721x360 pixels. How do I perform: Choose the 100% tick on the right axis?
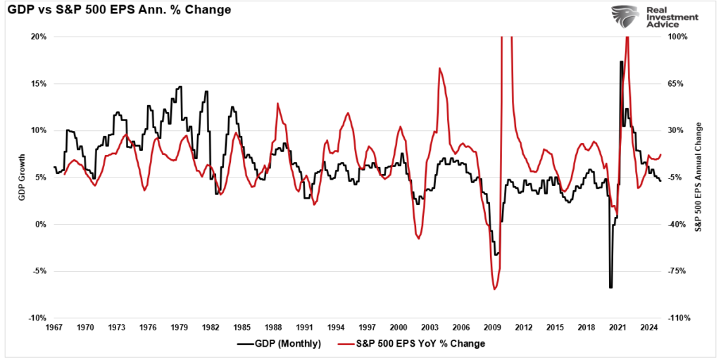pos(676,37)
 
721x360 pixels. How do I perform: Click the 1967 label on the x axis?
pos(55,328)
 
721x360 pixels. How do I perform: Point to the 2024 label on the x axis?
pos(648,328)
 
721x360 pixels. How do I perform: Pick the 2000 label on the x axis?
pos(399,328)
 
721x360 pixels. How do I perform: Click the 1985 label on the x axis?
pos(242,328)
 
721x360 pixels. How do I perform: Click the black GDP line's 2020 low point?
pos(610,286)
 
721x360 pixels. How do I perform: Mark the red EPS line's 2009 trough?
pos(495,289)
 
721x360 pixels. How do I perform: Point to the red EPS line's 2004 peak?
pos(439,68)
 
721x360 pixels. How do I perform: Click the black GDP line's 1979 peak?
pos(180,87)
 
